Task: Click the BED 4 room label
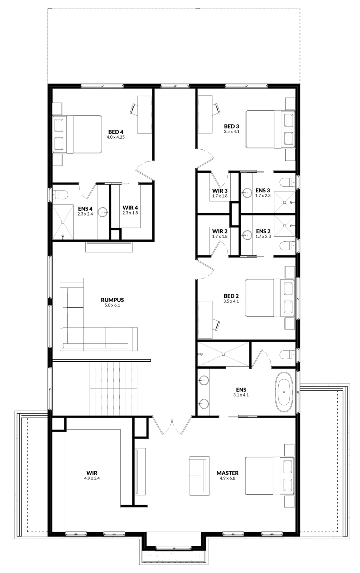116,132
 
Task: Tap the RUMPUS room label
112,300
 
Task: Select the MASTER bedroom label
227,473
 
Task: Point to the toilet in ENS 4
60,194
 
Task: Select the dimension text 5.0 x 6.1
112,305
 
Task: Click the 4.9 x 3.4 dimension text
92,478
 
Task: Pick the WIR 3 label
220,191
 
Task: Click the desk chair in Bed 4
134,109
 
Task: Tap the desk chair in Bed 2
216,325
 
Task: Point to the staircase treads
113,389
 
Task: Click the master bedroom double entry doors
172,425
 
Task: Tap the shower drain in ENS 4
63,222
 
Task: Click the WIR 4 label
130,208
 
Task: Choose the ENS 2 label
263,231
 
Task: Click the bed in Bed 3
270,129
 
